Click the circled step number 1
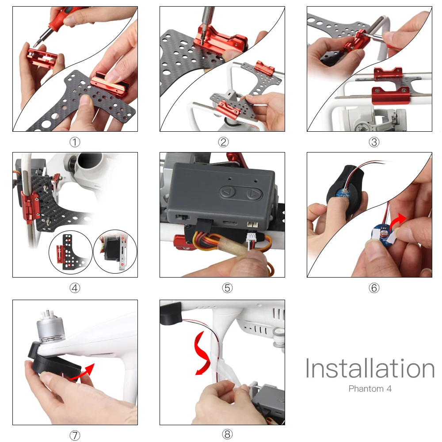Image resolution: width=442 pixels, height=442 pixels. point(75,142)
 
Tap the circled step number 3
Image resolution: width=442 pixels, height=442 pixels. point(374,142)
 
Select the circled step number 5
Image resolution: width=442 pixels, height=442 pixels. point(227,288)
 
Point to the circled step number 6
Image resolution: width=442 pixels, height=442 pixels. point(374,288)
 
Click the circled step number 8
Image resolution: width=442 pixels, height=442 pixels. point(227,434)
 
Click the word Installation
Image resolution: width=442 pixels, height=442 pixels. point(370,368)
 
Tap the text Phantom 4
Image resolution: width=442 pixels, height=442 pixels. point(370,389)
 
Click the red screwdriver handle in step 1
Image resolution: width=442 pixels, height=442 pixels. point(61,17)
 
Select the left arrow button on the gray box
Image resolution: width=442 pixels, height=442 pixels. point(227,193)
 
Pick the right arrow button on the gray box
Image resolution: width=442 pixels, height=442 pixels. point(254,194)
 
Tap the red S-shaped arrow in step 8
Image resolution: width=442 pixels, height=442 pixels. point(202,354)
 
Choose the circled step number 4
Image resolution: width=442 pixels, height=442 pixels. point(75,288)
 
